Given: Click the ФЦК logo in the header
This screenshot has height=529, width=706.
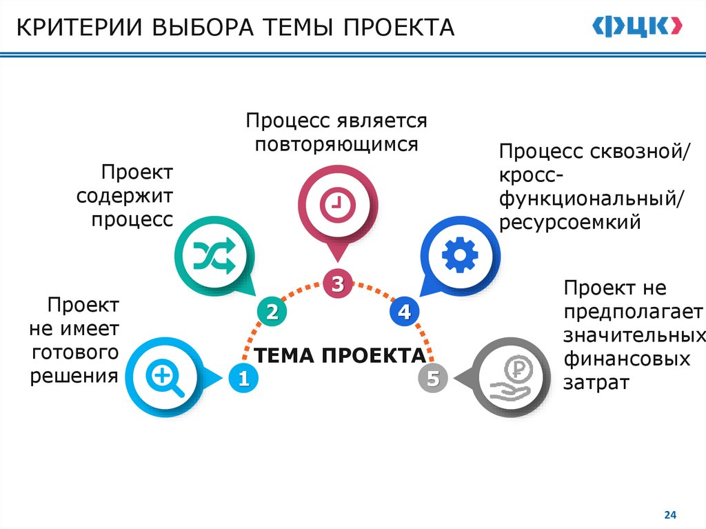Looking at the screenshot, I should [637, 28].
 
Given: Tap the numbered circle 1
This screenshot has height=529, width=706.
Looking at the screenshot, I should [242, 378].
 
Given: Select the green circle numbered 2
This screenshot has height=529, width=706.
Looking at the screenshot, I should [272, 312].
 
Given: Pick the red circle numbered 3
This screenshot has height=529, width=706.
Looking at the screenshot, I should [337, 283].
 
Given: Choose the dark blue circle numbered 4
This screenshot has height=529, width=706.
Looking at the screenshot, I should [403, 312].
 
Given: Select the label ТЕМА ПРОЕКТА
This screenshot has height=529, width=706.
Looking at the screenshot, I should [339, 356].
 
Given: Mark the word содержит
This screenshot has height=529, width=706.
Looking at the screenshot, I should [125, 196].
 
